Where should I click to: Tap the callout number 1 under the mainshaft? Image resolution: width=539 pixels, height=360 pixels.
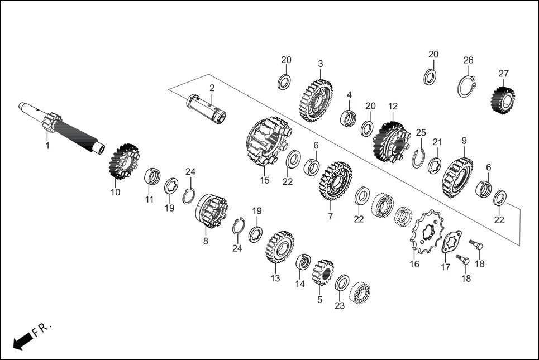click(47, 146)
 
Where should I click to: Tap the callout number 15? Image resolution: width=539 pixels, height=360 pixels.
click(265, 180)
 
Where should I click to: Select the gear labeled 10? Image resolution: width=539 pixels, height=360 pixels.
click(123, 161)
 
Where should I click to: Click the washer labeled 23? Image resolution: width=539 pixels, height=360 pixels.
click(342, 282)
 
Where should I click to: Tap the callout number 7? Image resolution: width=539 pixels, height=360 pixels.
click(330, 216)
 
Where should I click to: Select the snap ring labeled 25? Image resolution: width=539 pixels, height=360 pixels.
click(419, 159)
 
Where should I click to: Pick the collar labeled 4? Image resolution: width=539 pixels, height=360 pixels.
click(349, 118)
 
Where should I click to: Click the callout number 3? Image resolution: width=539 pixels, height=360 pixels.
click(321, 64)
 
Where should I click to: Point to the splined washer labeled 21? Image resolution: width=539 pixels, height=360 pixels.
click(435, 166)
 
